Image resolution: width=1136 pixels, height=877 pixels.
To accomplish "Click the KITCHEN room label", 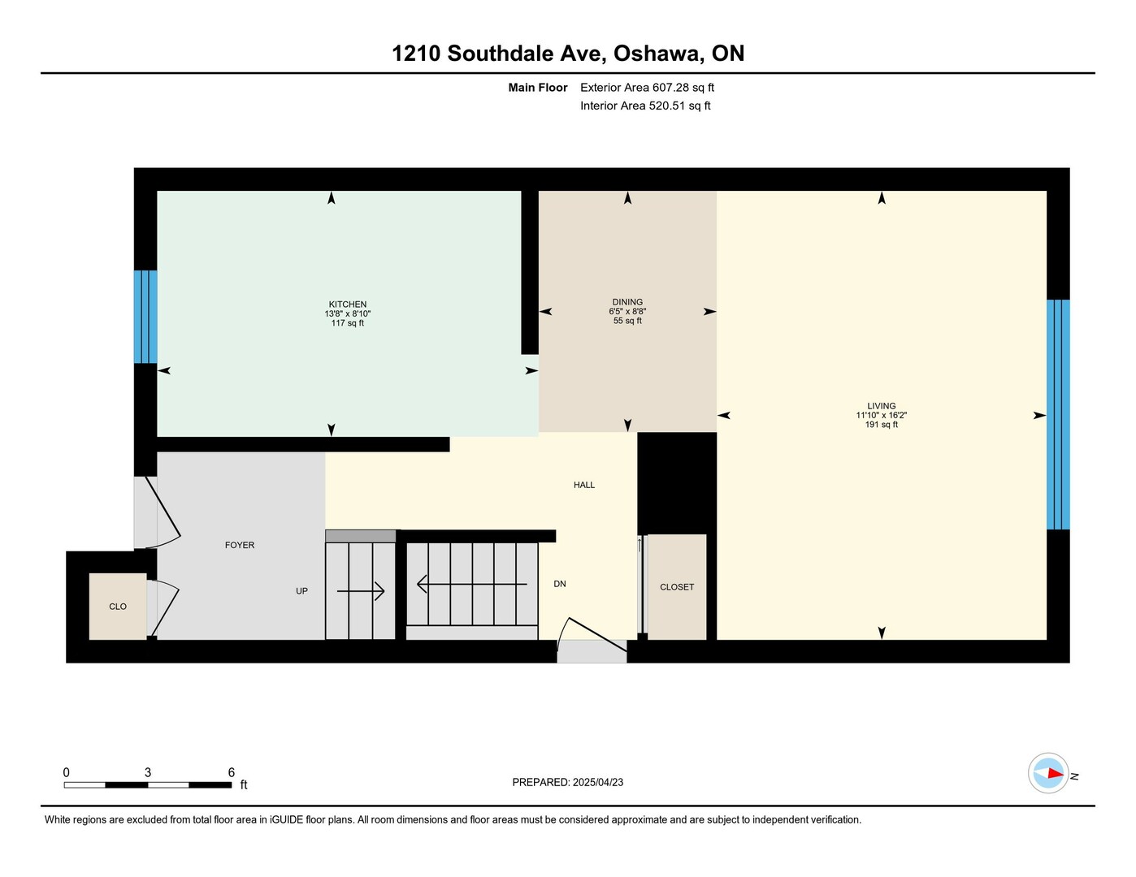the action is pos(347,304).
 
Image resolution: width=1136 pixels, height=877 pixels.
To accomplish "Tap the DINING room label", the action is pos(627,302).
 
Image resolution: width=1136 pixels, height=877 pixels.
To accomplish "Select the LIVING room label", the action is pos(882,406).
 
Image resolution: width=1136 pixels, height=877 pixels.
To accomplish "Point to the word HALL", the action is pos(584,485).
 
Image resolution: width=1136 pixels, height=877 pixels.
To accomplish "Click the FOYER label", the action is pos(240,545).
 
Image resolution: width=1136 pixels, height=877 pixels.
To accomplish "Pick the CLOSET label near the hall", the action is pos(677,587).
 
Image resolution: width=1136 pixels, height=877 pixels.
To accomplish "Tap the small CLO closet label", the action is pos(118,607).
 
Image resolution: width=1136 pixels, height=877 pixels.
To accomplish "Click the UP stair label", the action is pos(301,591).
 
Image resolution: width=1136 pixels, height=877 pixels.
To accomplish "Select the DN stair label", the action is pos(559,584).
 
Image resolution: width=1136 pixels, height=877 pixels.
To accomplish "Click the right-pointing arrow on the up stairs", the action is pos(361,591).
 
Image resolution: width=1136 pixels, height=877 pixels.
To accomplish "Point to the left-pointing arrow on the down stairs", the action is pos(471,584).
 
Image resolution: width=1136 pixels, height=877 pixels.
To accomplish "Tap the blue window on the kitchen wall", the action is pos(145,317).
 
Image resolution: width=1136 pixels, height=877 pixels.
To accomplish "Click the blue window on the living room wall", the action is pos(1058,415).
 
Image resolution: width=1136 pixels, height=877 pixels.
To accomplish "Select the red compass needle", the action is pos(1055,773).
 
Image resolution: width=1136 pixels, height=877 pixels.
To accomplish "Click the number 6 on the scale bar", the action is pos(231,772).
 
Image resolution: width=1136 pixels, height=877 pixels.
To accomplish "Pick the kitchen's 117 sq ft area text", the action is pos(347,323).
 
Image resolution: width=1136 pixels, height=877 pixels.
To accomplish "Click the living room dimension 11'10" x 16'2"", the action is pos(882,415).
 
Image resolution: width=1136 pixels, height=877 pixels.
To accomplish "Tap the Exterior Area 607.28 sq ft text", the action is pos(647,87).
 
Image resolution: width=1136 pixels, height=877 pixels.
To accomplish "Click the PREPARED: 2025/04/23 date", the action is pos(568,782).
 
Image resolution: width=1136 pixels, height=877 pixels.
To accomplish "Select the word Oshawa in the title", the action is pos(656,54).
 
